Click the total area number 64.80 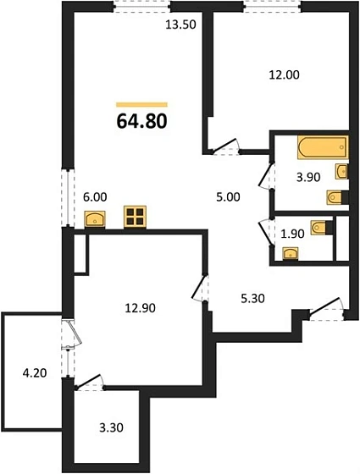[141, 122]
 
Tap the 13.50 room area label [181, 25]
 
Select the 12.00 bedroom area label [284, 74]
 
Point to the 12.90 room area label [140, 308]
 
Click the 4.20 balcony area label [35, 373]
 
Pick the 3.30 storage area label [111, 427]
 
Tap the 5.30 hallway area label [252, 299]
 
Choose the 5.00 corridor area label [228, 197]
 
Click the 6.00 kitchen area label [95, 197]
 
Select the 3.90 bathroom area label [308, 177]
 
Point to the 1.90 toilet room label [292, 234]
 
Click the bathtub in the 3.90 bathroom [323, 147]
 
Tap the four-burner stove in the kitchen [135, 217]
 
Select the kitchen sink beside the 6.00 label [95, 219]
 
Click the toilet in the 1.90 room [321, 228]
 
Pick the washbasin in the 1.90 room [291, 253]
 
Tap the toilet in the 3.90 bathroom [337, 198]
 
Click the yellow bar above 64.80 [141, 105]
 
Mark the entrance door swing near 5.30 [326, 308]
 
